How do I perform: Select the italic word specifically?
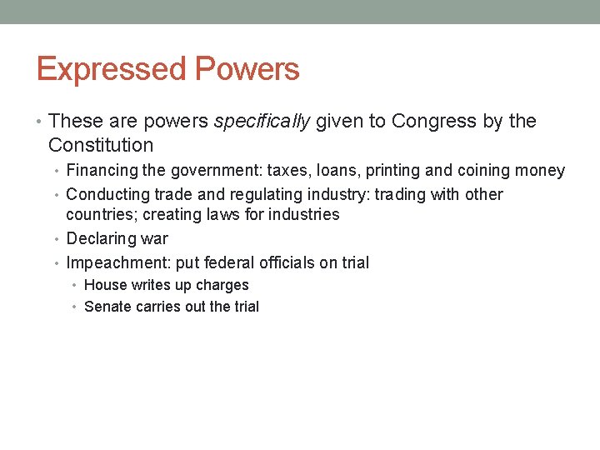click(262, 122)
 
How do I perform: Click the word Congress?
click(433, 122)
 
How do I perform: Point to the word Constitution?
click(101, 146)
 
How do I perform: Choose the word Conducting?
click(107, 195)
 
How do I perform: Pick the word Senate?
click(107, 307)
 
